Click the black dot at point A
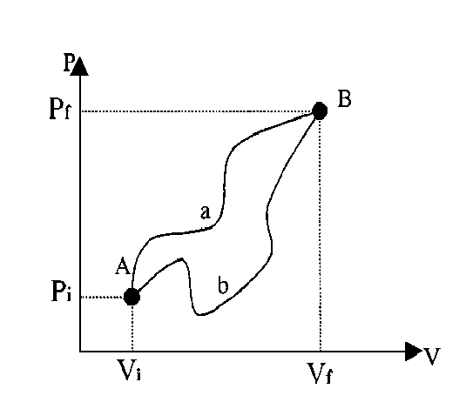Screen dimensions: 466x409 (x=132, y=296)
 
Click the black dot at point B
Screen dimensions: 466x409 (x=320, y=111)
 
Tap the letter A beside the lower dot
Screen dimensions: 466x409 (x=123, y=265)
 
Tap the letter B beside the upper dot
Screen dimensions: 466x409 (x=344, y=99)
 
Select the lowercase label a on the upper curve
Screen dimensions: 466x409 (x=206, y=212)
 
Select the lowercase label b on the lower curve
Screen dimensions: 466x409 (x=223, y=285)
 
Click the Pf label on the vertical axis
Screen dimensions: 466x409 (x=60, y=109)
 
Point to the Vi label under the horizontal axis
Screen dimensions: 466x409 (x=129, y=370)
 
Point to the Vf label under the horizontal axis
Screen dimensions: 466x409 (x=320, y=373)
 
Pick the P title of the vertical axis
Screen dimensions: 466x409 (x=68, y=63)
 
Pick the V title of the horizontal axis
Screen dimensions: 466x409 (x=431, y=356)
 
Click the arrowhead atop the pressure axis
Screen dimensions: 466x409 (x=79, y=66)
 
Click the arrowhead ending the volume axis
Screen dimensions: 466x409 (x=414, y=352)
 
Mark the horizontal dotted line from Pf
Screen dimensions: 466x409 (x=196, y=111)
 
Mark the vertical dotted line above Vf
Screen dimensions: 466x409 (x=320, y=235)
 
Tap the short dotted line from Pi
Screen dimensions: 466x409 (x=103, y=297)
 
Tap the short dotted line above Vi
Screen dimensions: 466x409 (x=132, y=328)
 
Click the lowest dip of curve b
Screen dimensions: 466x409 (x=201, y=314)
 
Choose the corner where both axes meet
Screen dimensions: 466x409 (x=80, y=352)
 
